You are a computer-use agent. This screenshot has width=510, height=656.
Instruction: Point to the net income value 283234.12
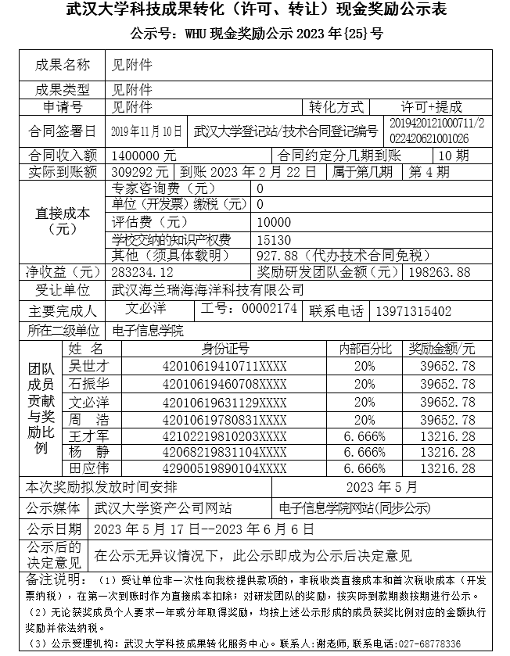[142, 272]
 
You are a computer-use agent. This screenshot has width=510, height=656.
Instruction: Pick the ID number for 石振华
[224, 383]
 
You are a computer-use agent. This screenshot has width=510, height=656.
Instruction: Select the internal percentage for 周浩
[364, 418]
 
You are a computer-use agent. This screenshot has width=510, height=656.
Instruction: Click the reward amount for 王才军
[447, 435]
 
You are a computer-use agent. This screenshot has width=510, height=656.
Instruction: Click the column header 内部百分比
[365, 349]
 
